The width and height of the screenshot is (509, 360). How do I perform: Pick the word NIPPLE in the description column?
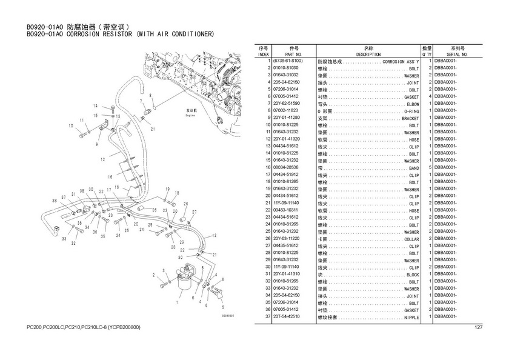click(x=411, y=316)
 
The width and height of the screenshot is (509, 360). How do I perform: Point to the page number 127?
click(x=478, y=328)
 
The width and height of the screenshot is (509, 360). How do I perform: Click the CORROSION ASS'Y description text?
click(x=401, y=62)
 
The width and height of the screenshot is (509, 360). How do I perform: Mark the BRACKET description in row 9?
click(x=410, y=118)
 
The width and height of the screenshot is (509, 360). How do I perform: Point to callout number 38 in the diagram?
click(x=54, y=200)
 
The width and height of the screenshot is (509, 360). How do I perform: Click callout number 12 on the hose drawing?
click(x=104, y=159)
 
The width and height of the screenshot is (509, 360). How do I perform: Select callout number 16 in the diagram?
click(x=110, y=177)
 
